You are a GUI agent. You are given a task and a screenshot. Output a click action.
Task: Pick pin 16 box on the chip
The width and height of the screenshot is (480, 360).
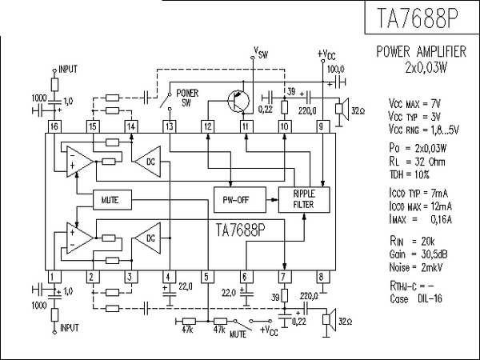pos(54,127)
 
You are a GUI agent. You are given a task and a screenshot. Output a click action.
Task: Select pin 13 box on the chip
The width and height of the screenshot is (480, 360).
pos(169,127)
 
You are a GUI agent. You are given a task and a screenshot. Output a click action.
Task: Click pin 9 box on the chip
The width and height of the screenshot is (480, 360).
pos(322,127)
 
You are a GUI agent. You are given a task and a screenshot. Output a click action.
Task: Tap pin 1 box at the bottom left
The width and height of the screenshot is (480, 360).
pos(54,277)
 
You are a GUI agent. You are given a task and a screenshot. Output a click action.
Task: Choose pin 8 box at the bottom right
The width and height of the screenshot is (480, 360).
pos(322,277)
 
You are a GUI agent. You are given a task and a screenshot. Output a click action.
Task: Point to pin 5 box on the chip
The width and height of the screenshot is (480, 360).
pos(207,277)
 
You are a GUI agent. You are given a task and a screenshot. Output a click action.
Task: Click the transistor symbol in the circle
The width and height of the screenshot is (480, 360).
pos(238,102)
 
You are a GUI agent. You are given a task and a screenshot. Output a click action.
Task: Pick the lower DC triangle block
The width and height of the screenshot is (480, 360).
pos(147,238)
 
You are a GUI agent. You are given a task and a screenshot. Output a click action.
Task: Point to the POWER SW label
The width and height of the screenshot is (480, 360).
pos(187,98)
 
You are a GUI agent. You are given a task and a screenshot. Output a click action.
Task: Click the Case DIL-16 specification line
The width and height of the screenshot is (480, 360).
pos(415,298)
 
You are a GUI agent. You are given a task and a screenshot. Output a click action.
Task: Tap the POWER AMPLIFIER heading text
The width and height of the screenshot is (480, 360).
pos(421,52)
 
